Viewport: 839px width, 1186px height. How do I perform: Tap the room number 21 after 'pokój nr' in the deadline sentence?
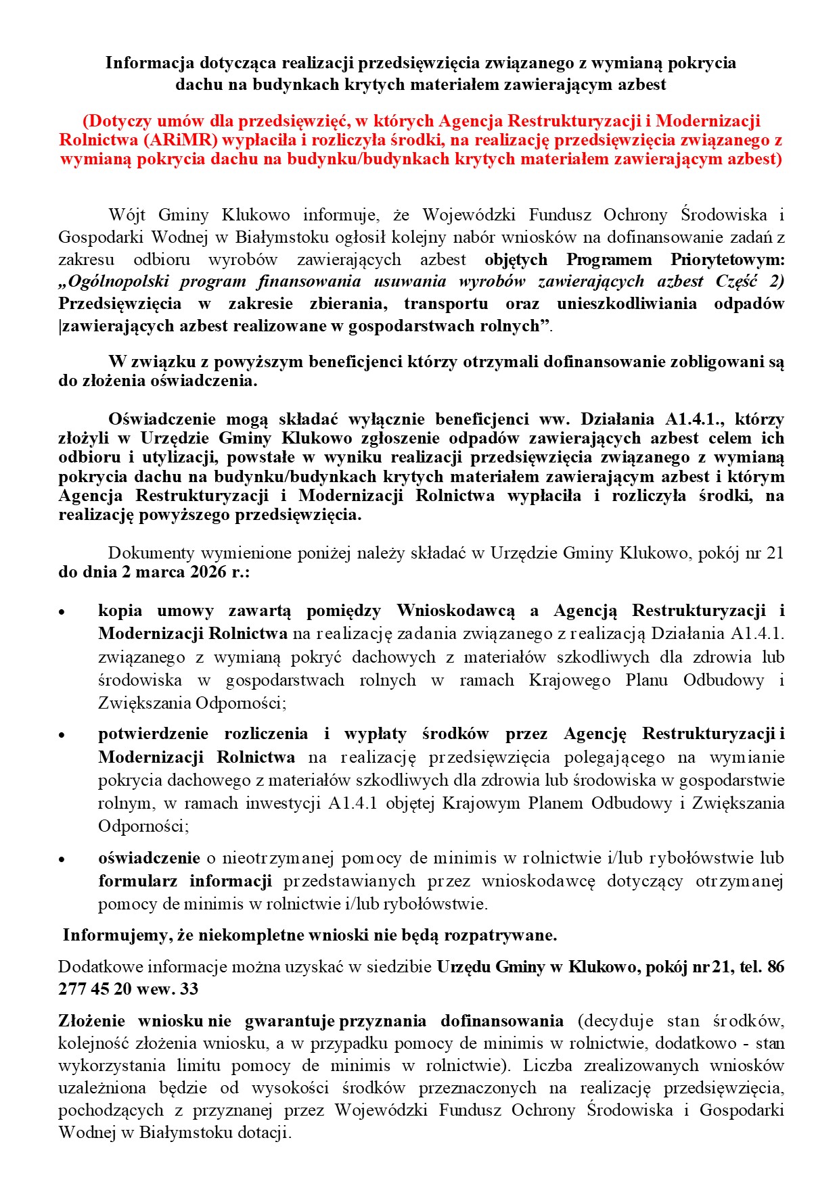(x=775, y=553)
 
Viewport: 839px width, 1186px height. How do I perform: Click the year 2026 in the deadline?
(x=208, y=572)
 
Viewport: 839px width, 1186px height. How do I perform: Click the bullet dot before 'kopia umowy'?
(x=62, y=612)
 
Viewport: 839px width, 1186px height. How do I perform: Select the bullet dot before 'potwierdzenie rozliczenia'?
(x=62, y=735)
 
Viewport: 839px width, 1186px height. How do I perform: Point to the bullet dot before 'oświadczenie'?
(x=62, y=859)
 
